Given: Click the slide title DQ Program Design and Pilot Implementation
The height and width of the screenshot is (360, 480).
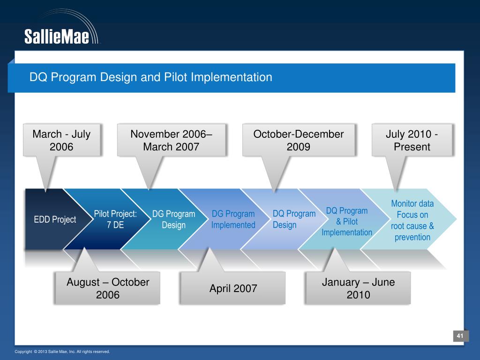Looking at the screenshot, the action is [x=150, y=77].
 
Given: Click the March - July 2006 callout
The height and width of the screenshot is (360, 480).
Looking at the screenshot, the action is [x=61, y=140].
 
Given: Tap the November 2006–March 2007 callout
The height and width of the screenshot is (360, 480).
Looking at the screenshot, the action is [x=172, y=140].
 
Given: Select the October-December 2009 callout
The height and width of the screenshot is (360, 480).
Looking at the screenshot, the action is [x=299, y=140].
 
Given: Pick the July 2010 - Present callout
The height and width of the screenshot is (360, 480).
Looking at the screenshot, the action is [x=412, y=140].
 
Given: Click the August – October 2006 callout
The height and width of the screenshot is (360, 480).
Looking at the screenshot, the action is [x=107, y=288].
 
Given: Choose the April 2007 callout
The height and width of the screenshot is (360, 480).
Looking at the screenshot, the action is [x=233, y=288].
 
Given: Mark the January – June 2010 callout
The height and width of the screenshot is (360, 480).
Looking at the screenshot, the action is [x=358, y=288].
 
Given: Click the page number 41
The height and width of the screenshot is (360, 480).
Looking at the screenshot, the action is [x=460, y=336].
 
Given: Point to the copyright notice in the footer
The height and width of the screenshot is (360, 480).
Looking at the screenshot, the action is [x=62, y=352].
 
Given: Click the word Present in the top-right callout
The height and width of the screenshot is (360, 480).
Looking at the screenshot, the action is [x=412, y=147].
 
